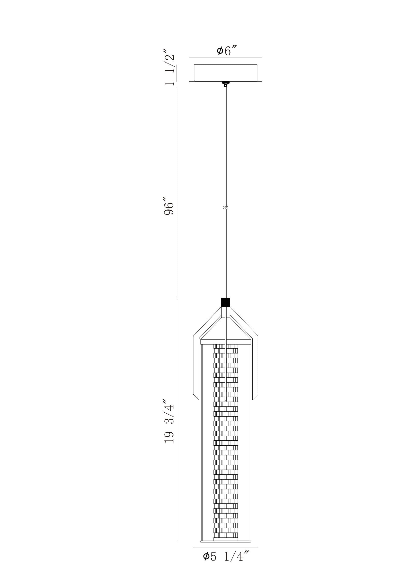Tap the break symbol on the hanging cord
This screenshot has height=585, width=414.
(226, 208)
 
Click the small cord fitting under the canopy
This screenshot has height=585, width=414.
(226, 84)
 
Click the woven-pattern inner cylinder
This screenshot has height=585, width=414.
(226, 459)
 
